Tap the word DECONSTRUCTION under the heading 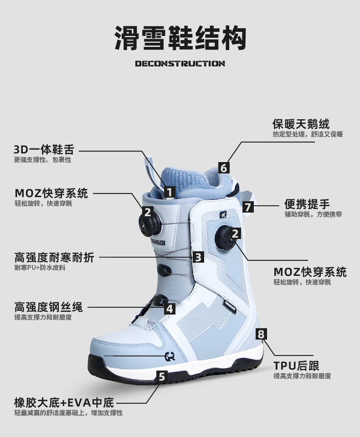click(x=180, y=64)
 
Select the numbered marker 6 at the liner click(x=223, y=168)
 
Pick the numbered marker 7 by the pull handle click(x=247, y=207)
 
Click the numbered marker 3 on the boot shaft click(x=197, y=257)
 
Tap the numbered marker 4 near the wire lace click(x=170, y=308)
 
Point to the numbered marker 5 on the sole click(x=162, y=376)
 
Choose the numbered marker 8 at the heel click(x=260, y=335)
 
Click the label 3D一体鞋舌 click(x=44, y=150)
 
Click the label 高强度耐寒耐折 click(x=54, y=257)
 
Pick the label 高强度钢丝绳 click(x=49, y=307)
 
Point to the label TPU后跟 click(x=296, y=366)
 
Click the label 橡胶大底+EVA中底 click(x=64, y=402)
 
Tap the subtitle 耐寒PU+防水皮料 click(x=40, y=268)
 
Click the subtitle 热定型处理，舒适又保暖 click(x=307, y=134)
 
